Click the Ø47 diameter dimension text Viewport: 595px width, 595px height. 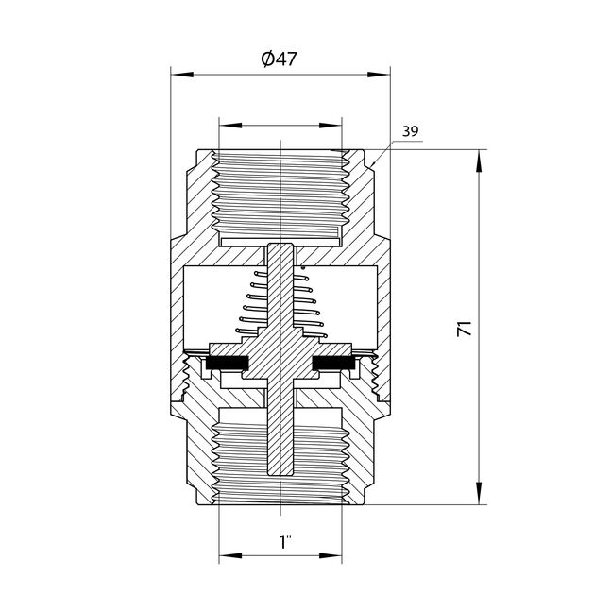280,59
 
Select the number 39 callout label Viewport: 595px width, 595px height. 410,132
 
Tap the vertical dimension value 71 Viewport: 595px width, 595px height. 464,330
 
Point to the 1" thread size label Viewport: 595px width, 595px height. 284,542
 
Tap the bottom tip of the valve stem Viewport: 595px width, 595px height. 280,471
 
